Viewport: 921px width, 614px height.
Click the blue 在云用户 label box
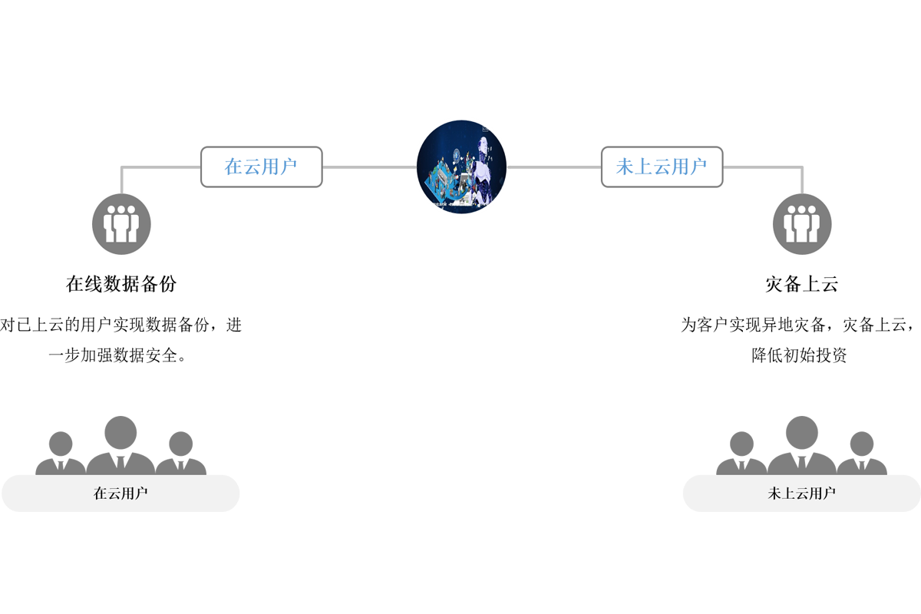pyautogui.click(x=261, y=167)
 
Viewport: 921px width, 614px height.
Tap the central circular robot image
pyautogui.click(x=461, y=166)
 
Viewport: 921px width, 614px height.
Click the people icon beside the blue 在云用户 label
pyautogui.click(x=121, y=224)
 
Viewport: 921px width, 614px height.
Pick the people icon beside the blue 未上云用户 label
pyautogui.click(x=802, y=224)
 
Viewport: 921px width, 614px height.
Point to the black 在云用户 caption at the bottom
pyautogui.click(x=120, y=494)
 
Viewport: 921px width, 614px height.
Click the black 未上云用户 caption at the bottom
pyautogui.click(x=802, y=494)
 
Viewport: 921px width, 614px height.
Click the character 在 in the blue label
pyautogui.click(x=233, y=167)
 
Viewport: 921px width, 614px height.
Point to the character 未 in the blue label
pyautogui.click(x=626, y=167)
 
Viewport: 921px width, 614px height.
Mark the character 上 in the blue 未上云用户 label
pyautogui.click(x=643, y=167)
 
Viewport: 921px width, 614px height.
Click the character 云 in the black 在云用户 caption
pyautogui.click(x=114, y=494)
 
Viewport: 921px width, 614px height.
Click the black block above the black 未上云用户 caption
pyautogui.click(x=767, y=338)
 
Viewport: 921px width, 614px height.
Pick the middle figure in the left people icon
pyautogui.click(x=121, y=223)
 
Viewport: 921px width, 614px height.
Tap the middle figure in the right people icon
pyautogui.click(x=802, y=223)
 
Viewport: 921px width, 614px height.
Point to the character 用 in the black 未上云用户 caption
pyautogui.click(x=815, y=494)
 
